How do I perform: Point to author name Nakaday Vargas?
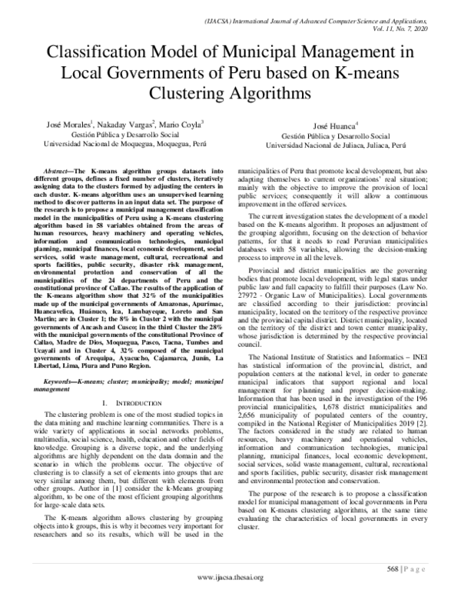pyautogui.click(x=128, y=124)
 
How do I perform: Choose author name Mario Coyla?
pyautogui.click(x=181, y=124)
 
